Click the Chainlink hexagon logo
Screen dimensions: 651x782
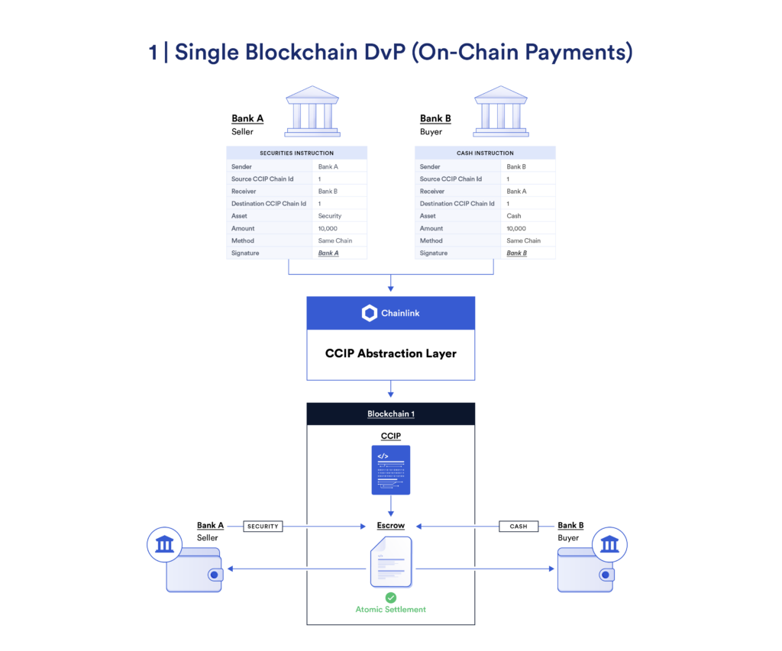click(370, 313)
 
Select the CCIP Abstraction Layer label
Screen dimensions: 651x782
click(390, 353)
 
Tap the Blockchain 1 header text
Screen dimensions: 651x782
click(390, 414)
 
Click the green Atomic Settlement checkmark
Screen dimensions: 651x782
click(390, 597)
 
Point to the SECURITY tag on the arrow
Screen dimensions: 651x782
click(263, 526)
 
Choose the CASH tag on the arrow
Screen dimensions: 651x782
click(519, 526)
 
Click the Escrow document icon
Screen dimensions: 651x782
click(390, 561)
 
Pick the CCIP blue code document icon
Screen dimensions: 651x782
click(390, 470)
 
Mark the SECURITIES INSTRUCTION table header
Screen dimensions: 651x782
click(296, 153)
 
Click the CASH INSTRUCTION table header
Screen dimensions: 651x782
click(485, 153)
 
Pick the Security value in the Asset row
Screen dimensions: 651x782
click(330, 216)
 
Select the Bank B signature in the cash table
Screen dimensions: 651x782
click(517, 253)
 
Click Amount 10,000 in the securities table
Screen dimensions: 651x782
click(328, 228)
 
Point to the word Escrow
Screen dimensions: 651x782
click(390, 525)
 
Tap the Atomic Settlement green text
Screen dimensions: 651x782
click(390, 609)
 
